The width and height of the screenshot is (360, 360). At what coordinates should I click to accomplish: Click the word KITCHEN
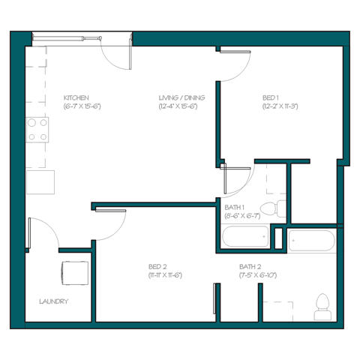[x=76, y=98]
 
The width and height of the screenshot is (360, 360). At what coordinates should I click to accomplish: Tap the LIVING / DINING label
[x=181, y=98]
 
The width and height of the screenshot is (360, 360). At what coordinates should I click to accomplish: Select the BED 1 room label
[x=271, y=98]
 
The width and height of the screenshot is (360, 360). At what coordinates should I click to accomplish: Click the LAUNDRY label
[x=53, y=301]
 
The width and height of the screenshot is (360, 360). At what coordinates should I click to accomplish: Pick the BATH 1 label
[x=235, y=208]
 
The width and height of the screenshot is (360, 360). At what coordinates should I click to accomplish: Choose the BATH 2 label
[x=250, y=267]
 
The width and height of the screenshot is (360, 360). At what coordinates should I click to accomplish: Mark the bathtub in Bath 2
[x=311, y=241]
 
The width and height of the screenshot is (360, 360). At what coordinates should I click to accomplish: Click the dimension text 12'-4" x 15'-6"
[x=182, y=107]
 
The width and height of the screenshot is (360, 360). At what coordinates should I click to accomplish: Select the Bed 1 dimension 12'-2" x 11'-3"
[x=280, y=107]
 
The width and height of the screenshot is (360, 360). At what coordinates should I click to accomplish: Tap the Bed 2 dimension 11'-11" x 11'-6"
[x=165, y=275]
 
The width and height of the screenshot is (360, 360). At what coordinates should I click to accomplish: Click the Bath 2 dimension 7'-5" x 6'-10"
[x=258, y=275]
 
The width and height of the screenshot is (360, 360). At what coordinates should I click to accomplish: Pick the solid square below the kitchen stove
[x=40, y=182]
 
